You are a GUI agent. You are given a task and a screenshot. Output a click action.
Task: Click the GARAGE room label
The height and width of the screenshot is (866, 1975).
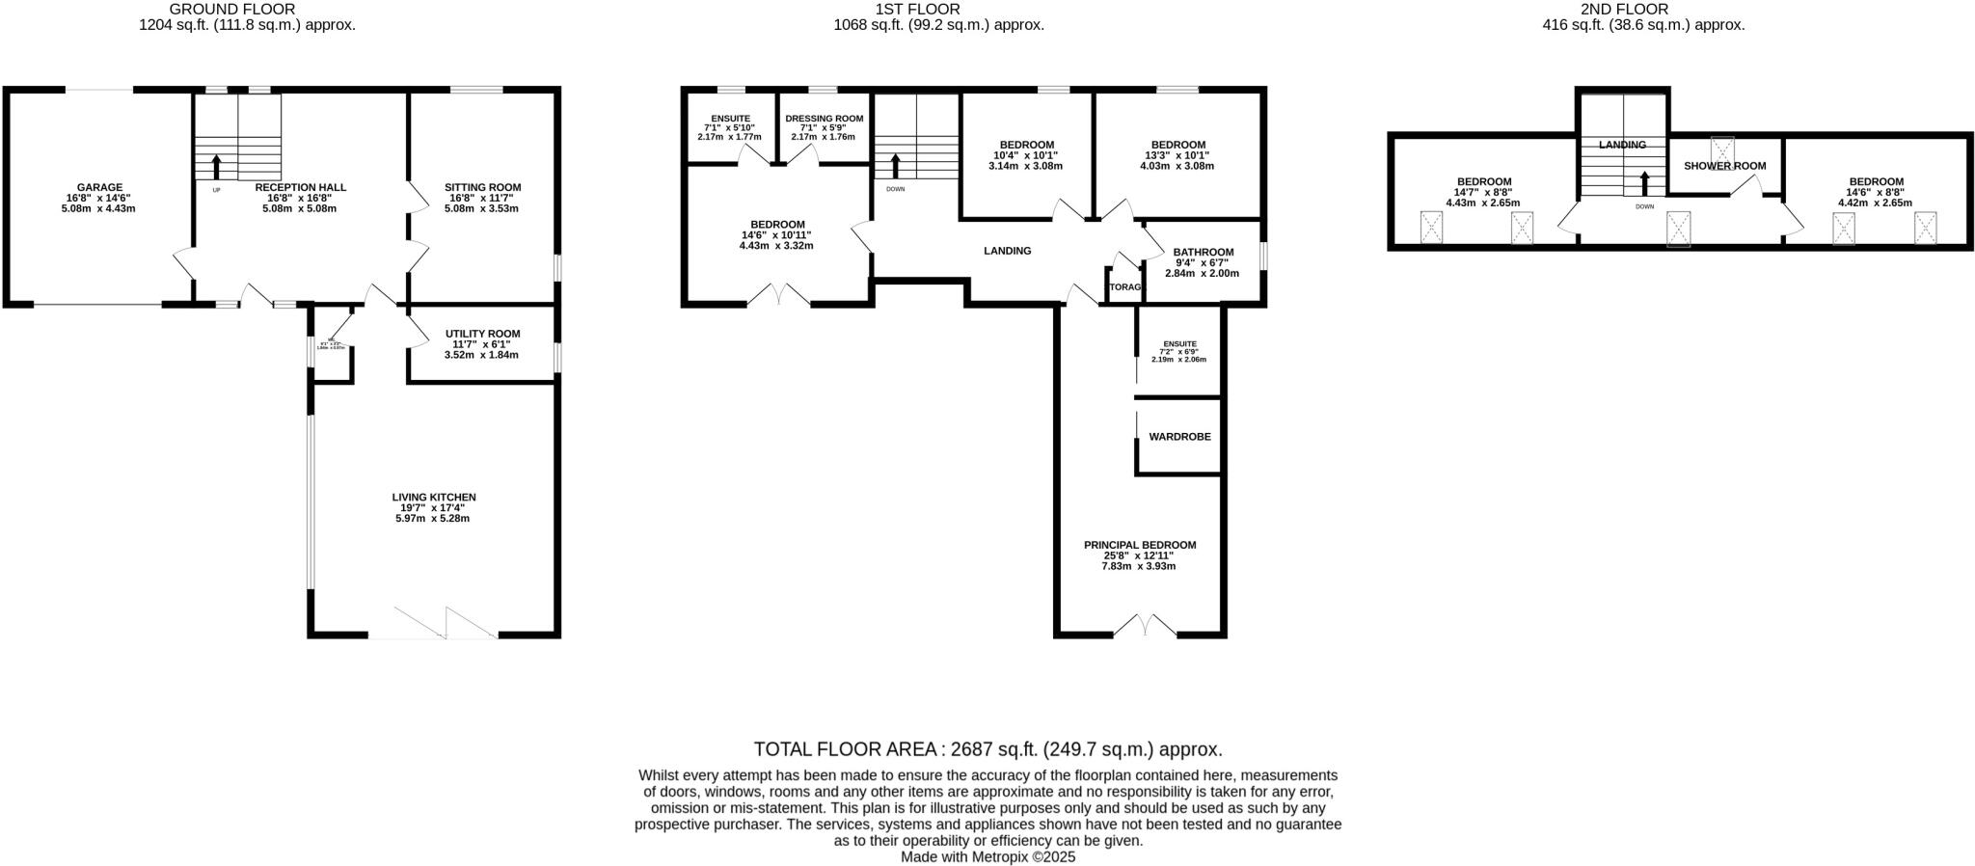click(100, 187)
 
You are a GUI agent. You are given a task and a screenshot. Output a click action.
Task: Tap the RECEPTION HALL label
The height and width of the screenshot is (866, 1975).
click(301, 187)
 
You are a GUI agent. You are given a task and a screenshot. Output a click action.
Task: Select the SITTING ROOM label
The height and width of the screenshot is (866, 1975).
click(482, 187)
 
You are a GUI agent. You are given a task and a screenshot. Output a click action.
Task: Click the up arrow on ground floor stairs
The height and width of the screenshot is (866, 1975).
click(216, 167)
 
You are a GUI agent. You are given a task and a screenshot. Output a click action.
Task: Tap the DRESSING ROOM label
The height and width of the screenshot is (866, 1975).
click(824, 119)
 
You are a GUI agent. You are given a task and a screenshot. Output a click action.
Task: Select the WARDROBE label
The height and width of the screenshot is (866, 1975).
click(1179, 437)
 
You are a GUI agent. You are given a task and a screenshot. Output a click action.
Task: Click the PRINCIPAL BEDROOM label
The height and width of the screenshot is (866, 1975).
click(1140, 545)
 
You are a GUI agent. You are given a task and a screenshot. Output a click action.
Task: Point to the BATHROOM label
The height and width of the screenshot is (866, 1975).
click(1203, 253)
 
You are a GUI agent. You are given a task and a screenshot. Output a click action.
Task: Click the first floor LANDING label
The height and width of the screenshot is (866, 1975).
click(1007, 251)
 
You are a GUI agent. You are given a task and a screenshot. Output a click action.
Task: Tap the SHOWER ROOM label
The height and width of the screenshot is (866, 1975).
click(1725, 166)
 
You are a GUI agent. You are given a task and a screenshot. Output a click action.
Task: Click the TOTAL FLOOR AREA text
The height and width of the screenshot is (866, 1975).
click(987, 749)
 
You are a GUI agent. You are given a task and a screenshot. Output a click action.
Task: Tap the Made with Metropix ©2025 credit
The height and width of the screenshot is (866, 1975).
click(987, 856)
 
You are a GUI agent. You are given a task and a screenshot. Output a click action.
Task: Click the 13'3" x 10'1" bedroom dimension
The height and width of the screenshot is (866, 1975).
click(1177, 155)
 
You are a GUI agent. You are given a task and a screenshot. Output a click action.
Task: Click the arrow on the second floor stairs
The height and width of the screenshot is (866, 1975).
click(1646, 183)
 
